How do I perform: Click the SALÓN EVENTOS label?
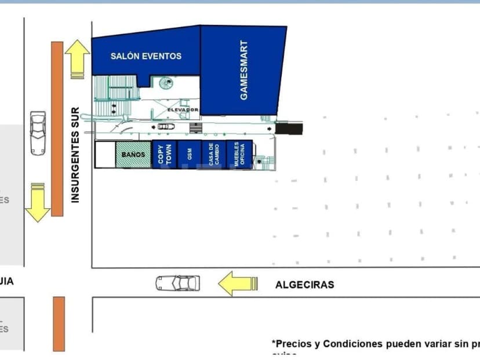click(x=146, y=56)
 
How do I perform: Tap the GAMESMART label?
click(x=244, y=70)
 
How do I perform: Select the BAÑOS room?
click(x=133, y=155)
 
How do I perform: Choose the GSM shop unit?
click(x=189, y=155)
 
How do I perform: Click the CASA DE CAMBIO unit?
click(x=213, y=155)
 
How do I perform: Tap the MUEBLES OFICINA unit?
click(x=237, y=155)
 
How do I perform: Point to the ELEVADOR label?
click(x=183, y=110)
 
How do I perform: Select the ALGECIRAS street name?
click(x=304, y=285)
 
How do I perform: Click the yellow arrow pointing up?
click(x=77, y=59)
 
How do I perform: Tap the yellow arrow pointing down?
click(x=38, y=202)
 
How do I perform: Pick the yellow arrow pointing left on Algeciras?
click(x=237, y=283)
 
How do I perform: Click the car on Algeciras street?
click(x=177, y=283)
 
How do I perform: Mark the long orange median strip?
click(x=57, y=129)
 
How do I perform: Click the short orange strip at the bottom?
click(x=59, y=323)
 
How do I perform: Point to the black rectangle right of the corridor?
click(x=289, y=128)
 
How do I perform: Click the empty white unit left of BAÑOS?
click(x=105, y=155)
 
